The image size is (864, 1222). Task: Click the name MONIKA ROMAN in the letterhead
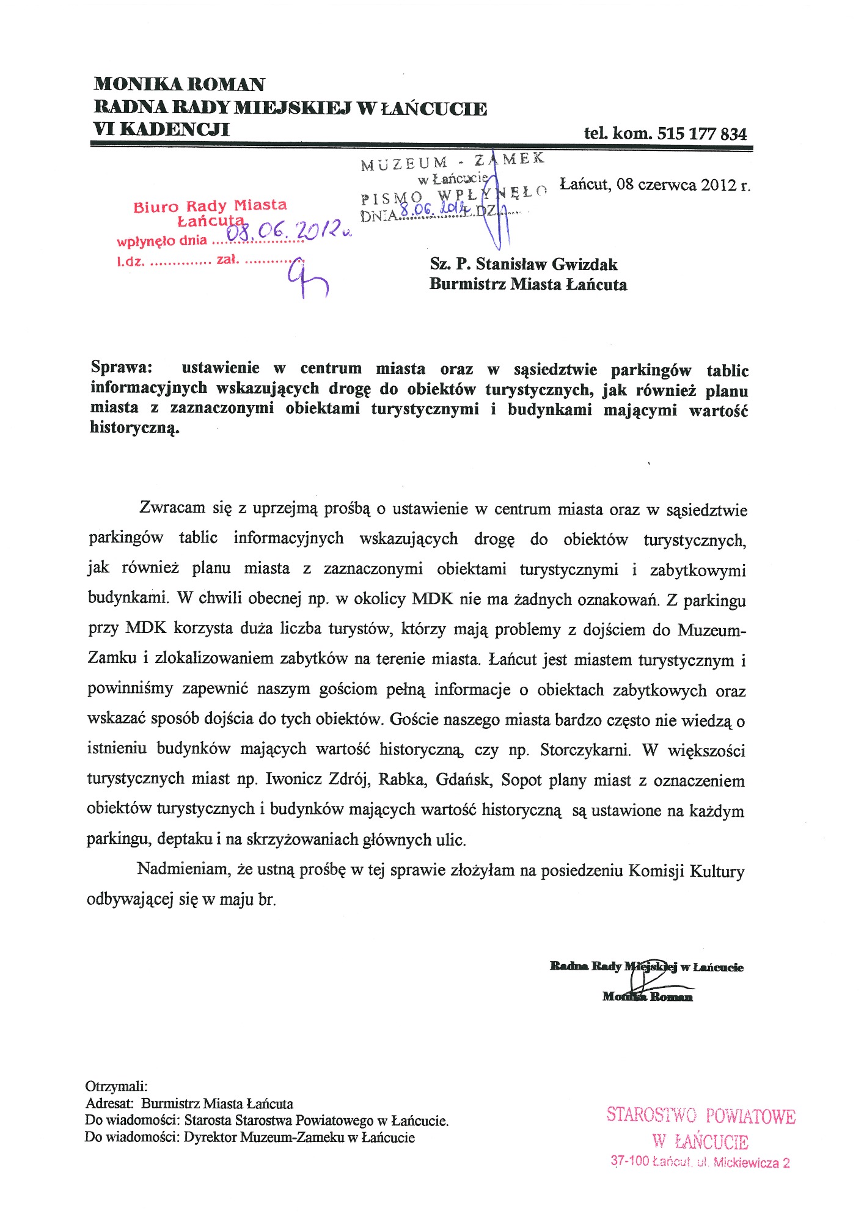click(179, 84)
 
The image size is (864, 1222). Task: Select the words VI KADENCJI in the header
click(161, 130)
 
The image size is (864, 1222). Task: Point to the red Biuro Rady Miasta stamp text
click(210, 206)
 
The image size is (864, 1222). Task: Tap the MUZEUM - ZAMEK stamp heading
click(452, 161)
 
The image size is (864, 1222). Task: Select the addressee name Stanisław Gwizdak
click(546, 265)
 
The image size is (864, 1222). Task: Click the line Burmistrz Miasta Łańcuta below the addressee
click(528, 284)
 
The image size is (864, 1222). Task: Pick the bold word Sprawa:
click(122, 368)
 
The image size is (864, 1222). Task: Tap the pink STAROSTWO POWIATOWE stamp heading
click(701, 1116)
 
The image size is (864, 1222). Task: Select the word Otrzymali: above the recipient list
click(116, 1086)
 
